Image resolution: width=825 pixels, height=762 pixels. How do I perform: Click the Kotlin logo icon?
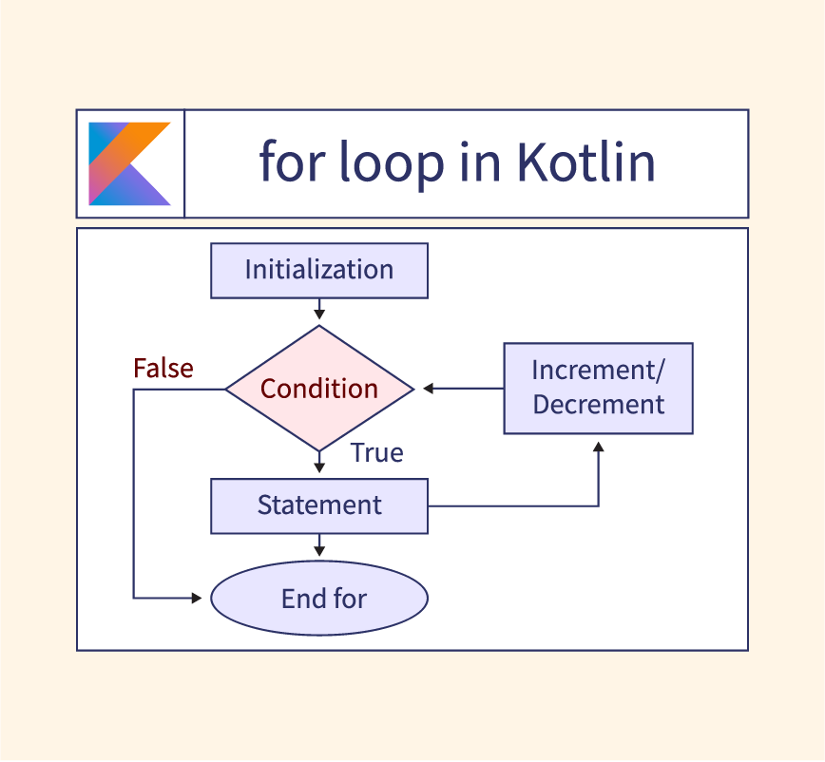[x=129, y=163]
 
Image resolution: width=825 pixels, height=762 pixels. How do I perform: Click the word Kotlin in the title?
[x=585, y=162]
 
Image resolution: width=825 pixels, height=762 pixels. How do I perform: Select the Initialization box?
[x=319, y=270]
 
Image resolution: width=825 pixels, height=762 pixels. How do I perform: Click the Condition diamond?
[x=319, y=389]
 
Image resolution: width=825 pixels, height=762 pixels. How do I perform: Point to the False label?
[x=163, y=369]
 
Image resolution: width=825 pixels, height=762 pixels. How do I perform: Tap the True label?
[x=377, y=453]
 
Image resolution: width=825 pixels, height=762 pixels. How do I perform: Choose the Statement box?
[x=319, y=505]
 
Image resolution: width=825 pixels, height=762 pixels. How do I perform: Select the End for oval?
[x=319, y=599]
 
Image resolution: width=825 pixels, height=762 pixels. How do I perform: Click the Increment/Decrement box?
[x=598, y=389]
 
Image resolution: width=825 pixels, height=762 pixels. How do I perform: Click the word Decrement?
[x=598, y=405]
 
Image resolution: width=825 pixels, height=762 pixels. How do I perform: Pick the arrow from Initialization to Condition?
[x=319, y=310]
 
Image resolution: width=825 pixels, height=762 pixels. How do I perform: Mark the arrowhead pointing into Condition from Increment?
[x=429, y=389]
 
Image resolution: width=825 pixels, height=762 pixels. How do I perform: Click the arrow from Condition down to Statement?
[x=319, y=463]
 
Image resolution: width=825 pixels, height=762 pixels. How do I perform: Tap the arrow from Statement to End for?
[x=319, y=544]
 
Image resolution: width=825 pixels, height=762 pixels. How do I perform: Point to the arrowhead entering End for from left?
[x=198, y=599]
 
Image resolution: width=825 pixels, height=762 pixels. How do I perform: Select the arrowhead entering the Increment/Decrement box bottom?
[x=598, y=444]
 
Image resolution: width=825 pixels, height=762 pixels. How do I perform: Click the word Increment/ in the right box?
[x=599, y=370]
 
